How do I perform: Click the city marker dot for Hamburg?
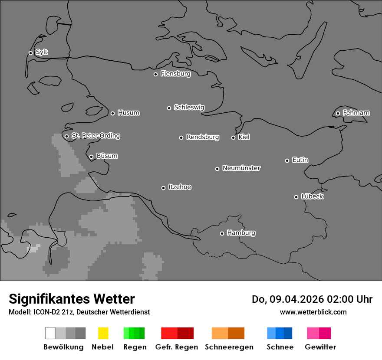(222, 233)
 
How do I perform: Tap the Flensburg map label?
(175, 74)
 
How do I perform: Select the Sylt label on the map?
(42, 52)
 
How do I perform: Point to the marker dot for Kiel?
(233, 137)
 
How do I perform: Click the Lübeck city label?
(312, 196)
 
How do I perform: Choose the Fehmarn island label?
(356, 113)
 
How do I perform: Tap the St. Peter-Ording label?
(95, 136)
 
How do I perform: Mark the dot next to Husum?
(112, 113)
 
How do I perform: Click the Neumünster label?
(241, 168)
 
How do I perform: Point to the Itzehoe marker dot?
(163, 188)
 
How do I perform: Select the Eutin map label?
(300, 160)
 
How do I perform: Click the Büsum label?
(107, 156)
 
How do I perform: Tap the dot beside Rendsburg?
(181, 137)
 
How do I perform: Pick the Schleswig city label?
(189, 107)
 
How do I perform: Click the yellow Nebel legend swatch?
(103, 333)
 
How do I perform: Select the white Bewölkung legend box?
(50, 333)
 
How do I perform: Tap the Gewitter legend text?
(320, 347)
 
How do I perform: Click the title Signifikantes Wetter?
(72, 299)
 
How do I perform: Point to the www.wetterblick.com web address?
(313, 312)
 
